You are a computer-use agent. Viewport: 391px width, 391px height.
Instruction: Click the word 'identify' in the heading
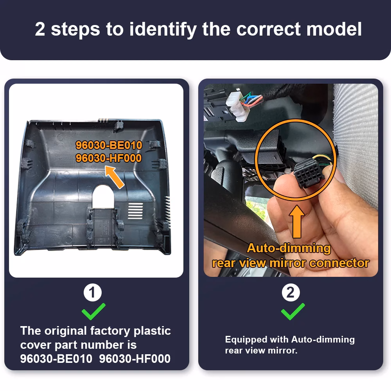click(163, 29)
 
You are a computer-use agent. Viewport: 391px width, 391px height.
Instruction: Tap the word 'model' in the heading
click(334, 29)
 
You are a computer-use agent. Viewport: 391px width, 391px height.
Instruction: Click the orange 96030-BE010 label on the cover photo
click(109, 145)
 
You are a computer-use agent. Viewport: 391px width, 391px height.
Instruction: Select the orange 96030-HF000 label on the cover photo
click(109, 158)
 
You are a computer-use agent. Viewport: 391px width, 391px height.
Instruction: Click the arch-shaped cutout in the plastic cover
click(103, 196)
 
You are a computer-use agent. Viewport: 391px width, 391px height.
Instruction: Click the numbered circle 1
click(93, 292)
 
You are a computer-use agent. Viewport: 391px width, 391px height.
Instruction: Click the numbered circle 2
click(291, 292)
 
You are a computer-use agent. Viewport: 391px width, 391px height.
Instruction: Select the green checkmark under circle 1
click(93, 312)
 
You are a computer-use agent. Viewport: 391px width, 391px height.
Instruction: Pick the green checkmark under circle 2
click(292, 312)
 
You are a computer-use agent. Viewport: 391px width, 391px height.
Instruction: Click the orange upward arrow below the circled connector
click(297, 221)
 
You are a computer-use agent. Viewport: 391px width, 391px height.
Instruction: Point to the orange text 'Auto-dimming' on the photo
click(289, 248)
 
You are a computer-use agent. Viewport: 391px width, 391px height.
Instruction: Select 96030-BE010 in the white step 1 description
click(56, 359)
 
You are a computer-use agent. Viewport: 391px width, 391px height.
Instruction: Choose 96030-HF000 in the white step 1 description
click(135, 359)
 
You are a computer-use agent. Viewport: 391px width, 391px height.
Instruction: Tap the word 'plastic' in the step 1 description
click(152, 331)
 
